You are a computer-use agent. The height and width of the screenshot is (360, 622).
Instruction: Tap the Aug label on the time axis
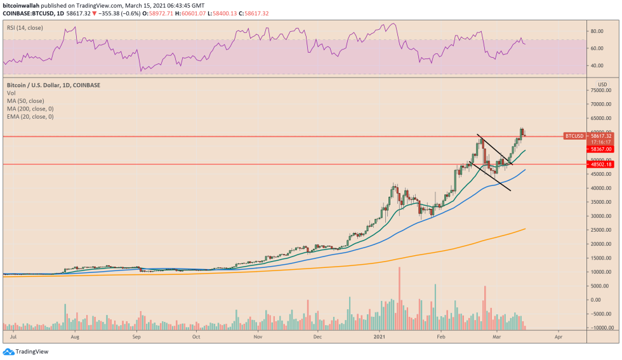click(76, 338)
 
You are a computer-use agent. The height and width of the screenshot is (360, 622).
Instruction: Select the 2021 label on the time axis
click(380, 338)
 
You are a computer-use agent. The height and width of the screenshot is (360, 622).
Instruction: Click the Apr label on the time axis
click(558, 338)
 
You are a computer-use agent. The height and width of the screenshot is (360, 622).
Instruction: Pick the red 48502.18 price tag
click(600, 164)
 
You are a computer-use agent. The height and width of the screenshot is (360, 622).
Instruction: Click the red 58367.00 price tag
click(600, 149)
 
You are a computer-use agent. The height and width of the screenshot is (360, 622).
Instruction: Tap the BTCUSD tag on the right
click(574, 136)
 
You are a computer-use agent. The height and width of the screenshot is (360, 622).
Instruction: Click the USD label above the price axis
click(602, 84)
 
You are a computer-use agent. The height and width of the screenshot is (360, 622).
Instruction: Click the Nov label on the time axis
click(258, 338)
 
